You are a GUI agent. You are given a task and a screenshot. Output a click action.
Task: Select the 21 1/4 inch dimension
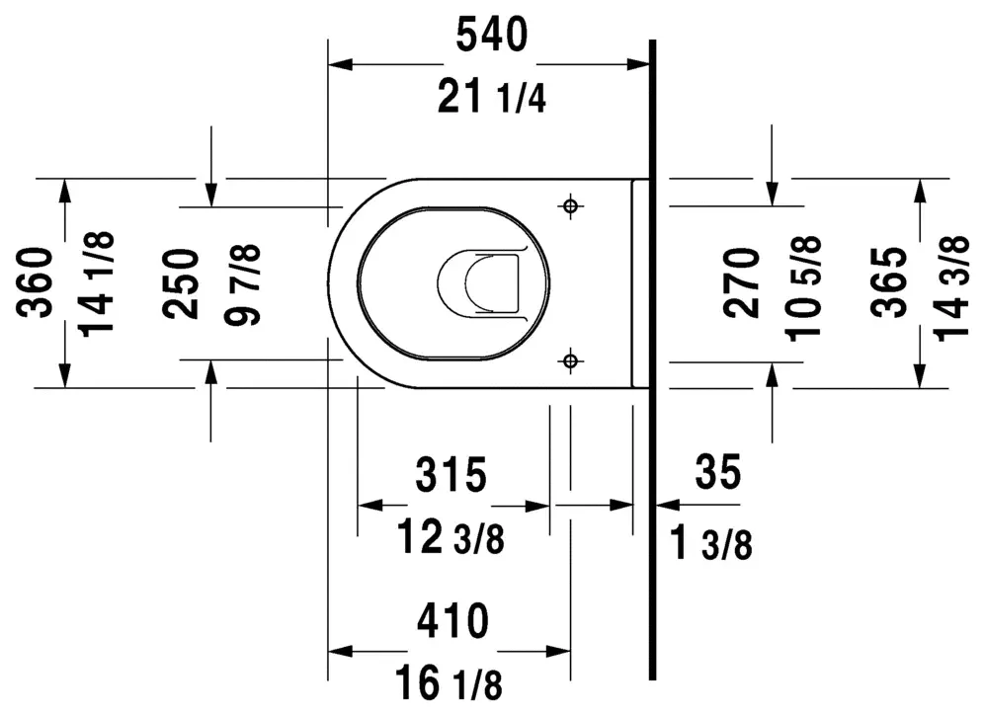(x=491, y=98)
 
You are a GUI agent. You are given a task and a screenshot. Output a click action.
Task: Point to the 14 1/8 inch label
(x=98, y=283)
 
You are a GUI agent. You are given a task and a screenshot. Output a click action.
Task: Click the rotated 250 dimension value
(x=180, y=283)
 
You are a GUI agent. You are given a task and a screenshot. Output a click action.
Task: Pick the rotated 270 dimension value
(x=741, y=281)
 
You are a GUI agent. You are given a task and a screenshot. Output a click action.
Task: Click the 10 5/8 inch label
(x=804, y=288)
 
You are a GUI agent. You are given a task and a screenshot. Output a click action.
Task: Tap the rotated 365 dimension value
(x=889, y=281)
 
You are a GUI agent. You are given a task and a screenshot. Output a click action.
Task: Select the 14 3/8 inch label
(x=951, y=288)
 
